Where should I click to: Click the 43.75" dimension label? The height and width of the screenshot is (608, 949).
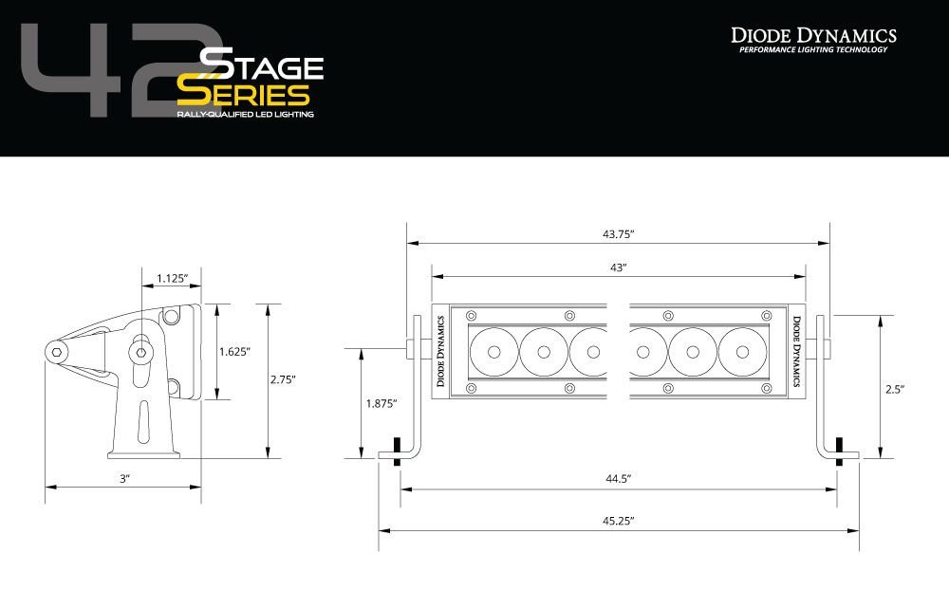click(618, 233)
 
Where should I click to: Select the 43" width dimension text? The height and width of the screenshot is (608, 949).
click(618, 267)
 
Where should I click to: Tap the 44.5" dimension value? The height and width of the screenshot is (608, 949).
click(618, 479)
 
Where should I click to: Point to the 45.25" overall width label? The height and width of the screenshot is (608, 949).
click(618, 521)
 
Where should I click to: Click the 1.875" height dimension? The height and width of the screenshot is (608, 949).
click(381, 403)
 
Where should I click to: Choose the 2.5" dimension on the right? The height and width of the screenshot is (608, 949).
click(894, 389)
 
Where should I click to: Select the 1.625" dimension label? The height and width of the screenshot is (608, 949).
click(233, 351)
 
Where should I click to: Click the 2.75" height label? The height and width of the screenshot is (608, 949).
click(282, 378)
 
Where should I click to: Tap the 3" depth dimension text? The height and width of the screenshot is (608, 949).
click(123, 479)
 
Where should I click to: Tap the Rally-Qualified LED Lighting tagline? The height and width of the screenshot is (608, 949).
click(244, 114)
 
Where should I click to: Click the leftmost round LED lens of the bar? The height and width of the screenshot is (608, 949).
click(493, 352)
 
